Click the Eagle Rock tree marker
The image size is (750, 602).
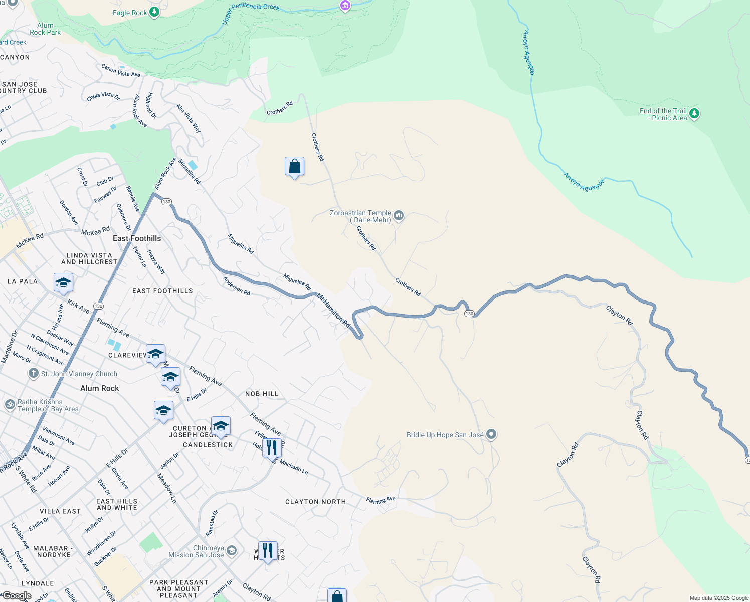154,12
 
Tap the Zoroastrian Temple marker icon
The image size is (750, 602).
399,216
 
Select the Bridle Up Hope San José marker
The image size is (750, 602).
491,434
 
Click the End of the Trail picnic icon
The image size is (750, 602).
694,114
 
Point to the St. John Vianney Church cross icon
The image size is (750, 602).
34,373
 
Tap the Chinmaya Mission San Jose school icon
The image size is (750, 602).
231,551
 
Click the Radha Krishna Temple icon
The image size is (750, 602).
10,404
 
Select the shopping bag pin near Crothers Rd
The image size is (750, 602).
294,167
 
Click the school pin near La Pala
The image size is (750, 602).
63,282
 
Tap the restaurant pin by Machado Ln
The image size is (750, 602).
272,448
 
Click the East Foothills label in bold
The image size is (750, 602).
137,238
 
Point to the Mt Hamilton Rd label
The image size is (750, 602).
333,311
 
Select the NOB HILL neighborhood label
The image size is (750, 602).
262,394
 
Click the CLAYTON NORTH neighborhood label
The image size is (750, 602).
315,502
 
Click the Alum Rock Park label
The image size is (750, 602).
45,29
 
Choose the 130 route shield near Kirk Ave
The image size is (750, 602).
98,306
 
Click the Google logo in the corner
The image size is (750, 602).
16,596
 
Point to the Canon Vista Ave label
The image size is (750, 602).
120,70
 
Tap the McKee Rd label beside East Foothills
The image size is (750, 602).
95,231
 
